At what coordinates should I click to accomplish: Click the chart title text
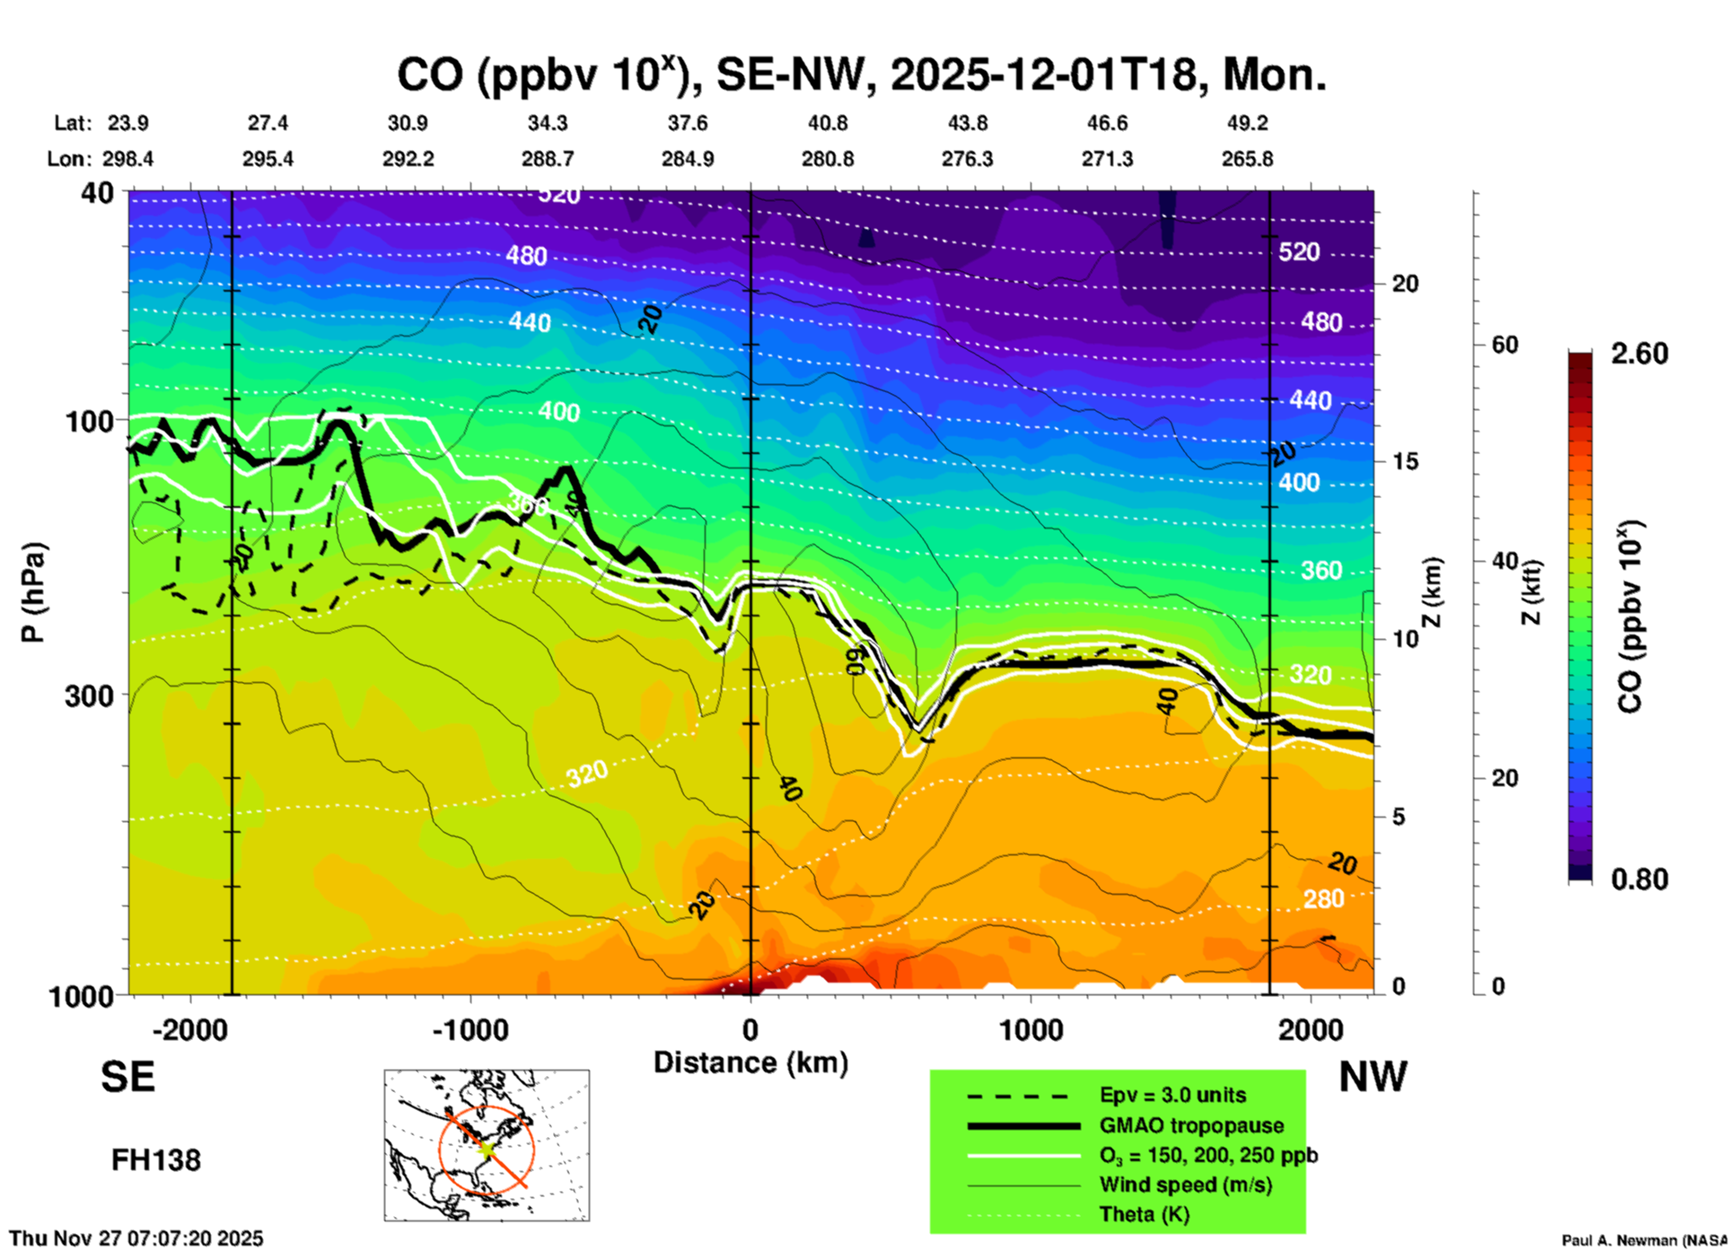(x=862, y=74)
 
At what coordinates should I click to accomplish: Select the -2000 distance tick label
(x=190, y=1030)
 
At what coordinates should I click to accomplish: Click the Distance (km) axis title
(x=750, y=1063)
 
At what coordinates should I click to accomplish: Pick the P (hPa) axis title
(x=33, y=592)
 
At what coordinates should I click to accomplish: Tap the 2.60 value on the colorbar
(x=1639, y=354)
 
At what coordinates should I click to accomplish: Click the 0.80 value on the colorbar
(x=1639, y=879)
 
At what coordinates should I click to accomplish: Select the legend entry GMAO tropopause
(x=1191, y=1125)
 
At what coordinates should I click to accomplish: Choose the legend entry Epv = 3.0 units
(x=1172, y=1096)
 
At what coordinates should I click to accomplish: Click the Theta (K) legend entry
(x=1144, y=1214)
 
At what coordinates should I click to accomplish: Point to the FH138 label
(x=156, y=1160)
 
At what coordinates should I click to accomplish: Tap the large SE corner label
(x=127, y=1077)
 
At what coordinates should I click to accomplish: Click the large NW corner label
(x=1373, y=1077)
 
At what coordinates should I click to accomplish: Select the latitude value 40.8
(x=828, y=123)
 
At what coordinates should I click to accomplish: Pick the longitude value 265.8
(x=1247, y=159)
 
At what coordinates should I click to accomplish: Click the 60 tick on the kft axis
(x=1505, y=345)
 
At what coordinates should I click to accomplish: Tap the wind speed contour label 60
(x=857, y=660)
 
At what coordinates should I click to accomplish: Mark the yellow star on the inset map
(x=487, y=1148)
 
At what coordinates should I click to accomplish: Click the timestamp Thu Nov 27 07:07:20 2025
(x=136, y=1238)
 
